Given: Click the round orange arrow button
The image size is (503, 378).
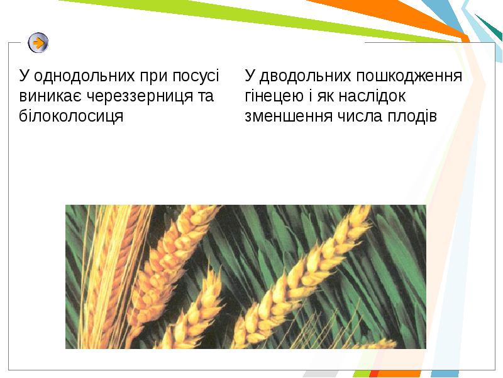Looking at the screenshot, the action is [38, 43].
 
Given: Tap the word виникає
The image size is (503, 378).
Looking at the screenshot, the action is [51, 96].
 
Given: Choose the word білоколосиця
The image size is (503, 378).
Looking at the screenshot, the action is [71, 117].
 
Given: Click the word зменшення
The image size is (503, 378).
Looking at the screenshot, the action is [289, 117].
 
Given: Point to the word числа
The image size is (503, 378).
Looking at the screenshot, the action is [360, 117].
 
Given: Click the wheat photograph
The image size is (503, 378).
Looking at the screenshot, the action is [246, 277].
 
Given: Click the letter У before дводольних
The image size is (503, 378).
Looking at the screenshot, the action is [250, 76].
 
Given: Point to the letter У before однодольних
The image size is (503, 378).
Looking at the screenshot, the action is [24, 76].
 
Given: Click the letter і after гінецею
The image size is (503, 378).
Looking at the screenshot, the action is [310, 96].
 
